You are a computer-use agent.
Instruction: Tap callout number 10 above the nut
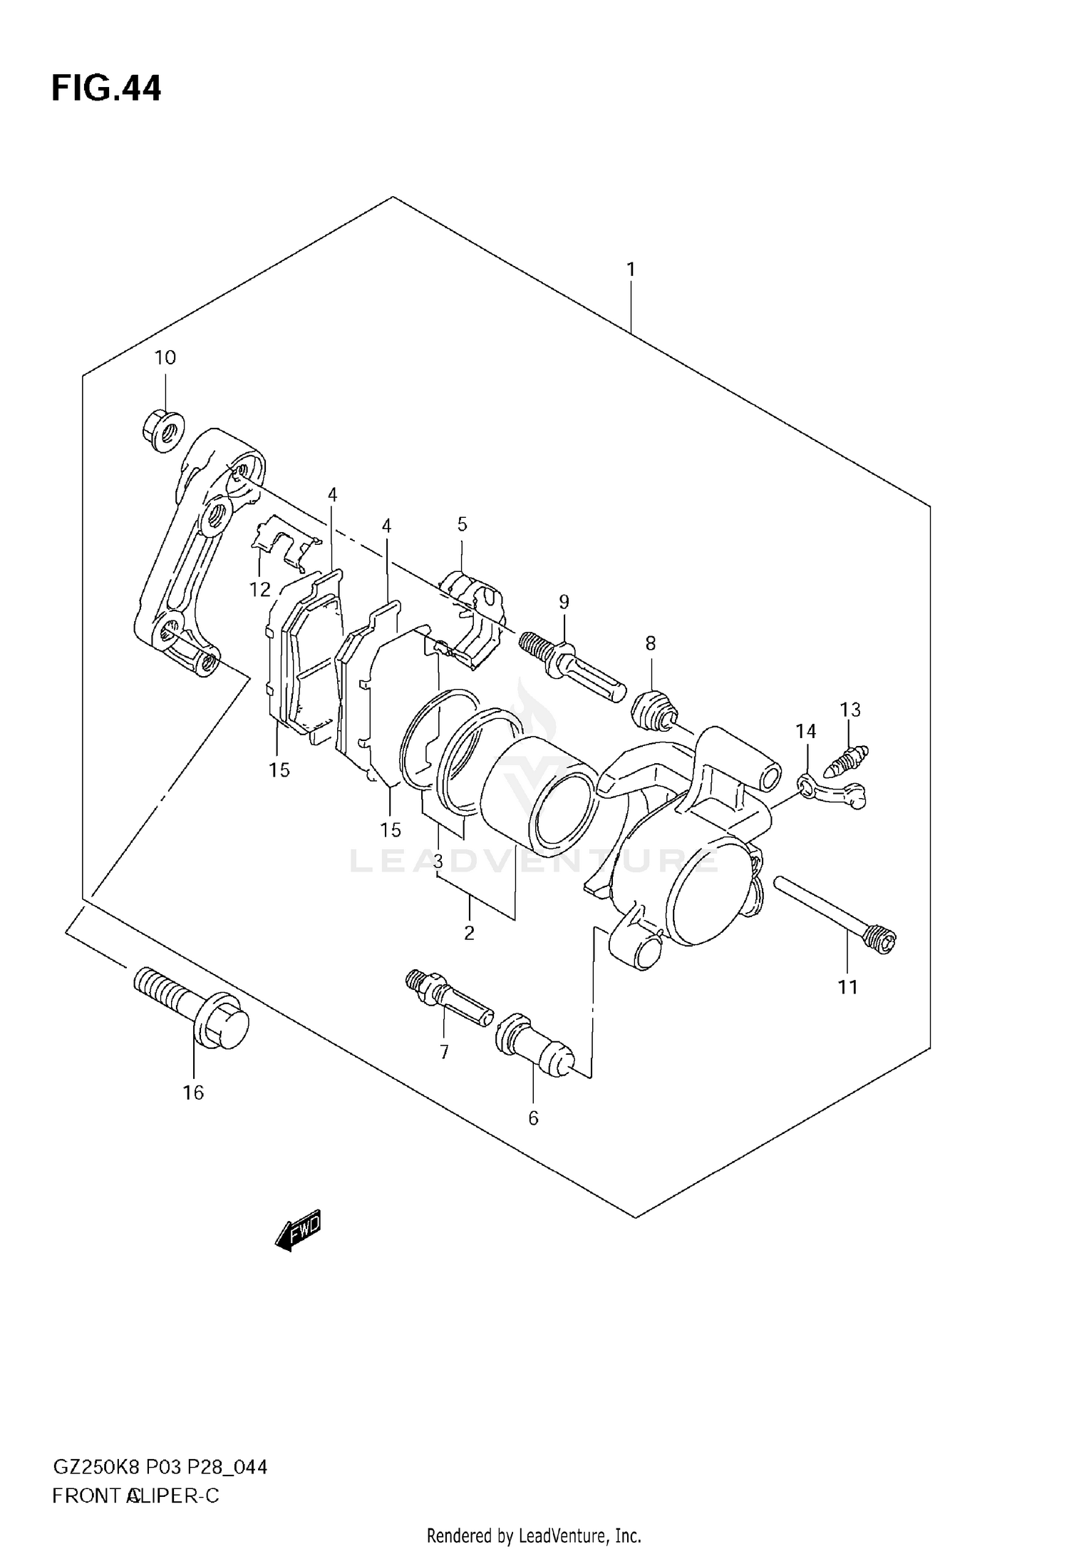click(x=165, y=358)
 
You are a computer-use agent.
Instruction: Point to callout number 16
click(x=193, y=1093)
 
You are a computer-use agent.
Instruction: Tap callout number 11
click(x=847, y=987)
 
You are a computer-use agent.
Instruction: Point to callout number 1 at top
click(x=630, y=270)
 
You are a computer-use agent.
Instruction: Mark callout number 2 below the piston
click(x=469, y=932)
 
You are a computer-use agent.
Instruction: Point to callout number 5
click(x=462, y=525)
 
